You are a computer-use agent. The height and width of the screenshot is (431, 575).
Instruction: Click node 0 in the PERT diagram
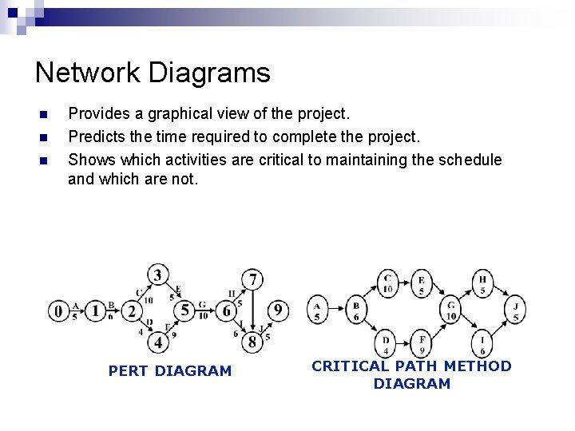[x=58, y=310]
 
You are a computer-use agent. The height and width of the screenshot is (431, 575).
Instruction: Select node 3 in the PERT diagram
[x=158, y=276]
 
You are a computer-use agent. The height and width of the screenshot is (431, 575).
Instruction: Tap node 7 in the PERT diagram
[x=253, y=279]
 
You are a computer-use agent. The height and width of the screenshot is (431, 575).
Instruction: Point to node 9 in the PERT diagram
[x=277, y=310]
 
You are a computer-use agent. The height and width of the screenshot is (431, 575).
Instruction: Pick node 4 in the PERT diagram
[x=158, y=342]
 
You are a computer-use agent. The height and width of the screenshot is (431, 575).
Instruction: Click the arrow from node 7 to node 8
[x=253, y=311]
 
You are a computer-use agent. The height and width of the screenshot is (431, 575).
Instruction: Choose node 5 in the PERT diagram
[x=185, y=310]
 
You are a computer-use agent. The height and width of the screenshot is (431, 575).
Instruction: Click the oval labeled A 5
[x=318, y=309]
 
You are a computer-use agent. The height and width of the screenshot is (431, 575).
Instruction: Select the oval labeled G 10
[x=452, y=310]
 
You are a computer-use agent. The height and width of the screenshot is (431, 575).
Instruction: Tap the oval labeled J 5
[x=516, y=310]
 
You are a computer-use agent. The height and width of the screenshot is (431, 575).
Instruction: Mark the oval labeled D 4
[x=387, y=343]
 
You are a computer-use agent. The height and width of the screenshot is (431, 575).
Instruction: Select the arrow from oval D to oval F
[x=404, y=343]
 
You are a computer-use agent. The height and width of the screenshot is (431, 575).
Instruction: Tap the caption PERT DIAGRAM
[x=169, y=370]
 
